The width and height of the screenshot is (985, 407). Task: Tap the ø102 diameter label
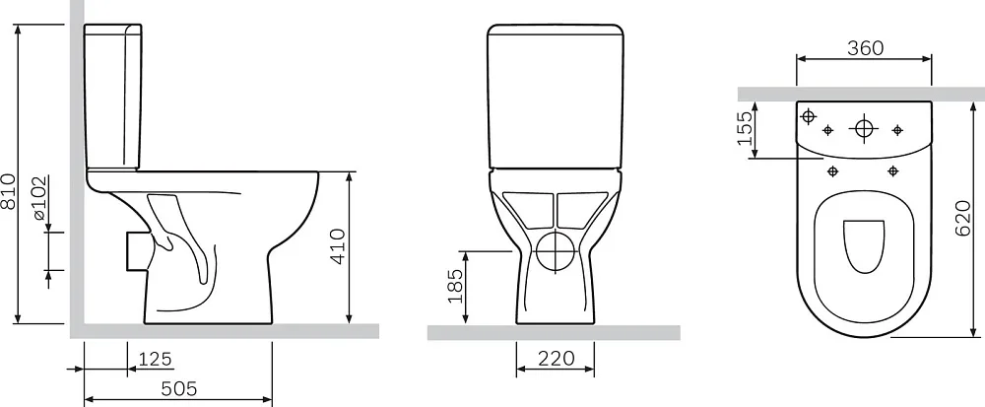click(40, 198)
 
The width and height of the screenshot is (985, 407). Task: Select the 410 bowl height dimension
click(337, 246)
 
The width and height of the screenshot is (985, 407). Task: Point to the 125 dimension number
click(155, 359)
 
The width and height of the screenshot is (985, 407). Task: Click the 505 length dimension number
click(179, 389)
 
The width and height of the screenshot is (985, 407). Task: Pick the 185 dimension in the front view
click(455, 286)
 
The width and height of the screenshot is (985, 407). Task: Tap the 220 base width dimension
click(556, 358)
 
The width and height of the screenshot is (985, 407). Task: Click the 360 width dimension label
click(865, 47)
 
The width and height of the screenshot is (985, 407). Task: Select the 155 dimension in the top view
click(745, 128)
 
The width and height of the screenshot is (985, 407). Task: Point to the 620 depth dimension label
click(963, 219)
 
